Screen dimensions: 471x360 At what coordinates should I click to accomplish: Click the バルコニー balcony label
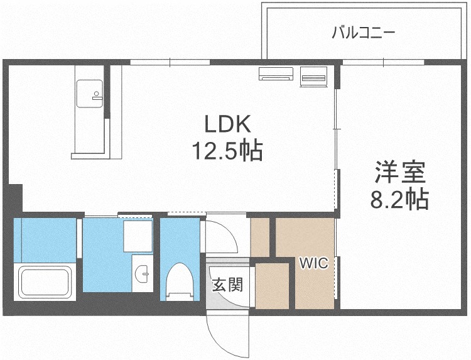pos(363,33)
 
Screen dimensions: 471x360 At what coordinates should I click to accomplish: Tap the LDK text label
pos(227,124)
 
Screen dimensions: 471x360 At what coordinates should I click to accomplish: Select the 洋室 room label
pos(400,172)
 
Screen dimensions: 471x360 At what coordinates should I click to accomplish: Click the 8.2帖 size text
pos(399,199)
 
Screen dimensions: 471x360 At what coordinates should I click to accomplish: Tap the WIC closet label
pos(314,263)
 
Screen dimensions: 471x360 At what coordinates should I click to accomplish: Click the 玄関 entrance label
pos(227,284)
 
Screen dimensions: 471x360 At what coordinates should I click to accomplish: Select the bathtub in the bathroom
pos(45,282)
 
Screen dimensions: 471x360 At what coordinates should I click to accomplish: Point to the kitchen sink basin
pos(89,94)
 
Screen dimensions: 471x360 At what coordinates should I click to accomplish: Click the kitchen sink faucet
pos(97,95)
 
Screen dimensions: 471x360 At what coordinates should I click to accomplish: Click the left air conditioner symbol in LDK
pos(276,74)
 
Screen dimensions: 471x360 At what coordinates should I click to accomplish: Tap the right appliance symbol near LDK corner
pos(313,77)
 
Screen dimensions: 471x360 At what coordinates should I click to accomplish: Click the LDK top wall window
pos(170,62)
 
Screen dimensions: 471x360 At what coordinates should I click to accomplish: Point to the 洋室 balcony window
pos(383,62)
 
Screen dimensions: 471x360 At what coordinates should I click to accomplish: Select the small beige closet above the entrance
pos(260,237)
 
